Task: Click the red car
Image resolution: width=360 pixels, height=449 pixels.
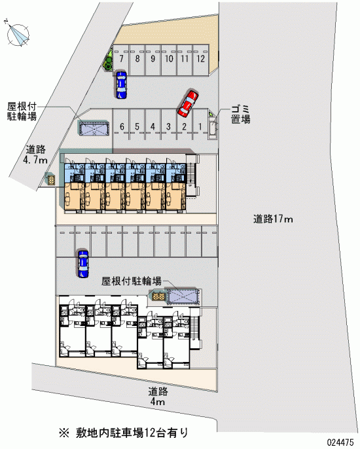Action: click(188, 103)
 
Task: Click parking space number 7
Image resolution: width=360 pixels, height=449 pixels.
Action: click(121, 60)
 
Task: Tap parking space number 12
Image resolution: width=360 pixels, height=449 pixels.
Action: click(201, 60)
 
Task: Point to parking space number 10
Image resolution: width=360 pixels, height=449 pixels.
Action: click(169, 60)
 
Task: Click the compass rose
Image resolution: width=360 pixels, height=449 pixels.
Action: click(18, 34)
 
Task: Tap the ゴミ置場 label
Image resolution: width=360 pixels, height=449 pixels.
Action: click(241, 115)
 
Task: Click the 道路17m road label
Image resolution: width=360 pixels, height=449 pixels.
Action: click(273, 219)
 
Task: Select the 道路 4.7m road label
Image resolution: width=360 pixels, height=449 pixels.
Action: click(35, 154)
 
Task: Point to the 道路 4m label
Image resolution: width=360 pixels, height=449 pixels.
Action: click(158, 397)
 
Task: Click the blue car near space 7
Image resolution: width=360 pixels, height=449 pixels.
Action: click(122, 84)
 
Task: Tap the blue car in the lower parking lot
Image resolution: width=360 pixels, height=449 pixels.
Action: click(83, 263)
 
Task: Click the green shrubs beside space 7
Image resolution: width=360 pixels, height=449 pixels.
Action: click(108, 60)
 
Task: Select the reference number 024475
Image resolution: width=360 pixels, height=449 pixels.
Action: click(340, 442)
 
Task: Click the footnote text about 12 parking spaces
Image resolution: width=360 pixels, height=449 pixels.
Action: click(124, 433)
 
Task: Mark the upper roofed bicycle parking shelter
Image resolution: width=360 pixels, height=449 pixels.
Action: click(94, 128)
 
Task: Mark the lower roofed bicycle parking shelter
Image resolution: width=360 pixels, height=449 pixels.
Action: click(183, 296)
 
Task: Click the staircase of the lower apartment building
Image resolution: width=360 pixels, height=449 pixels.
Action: click(196, 328)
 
